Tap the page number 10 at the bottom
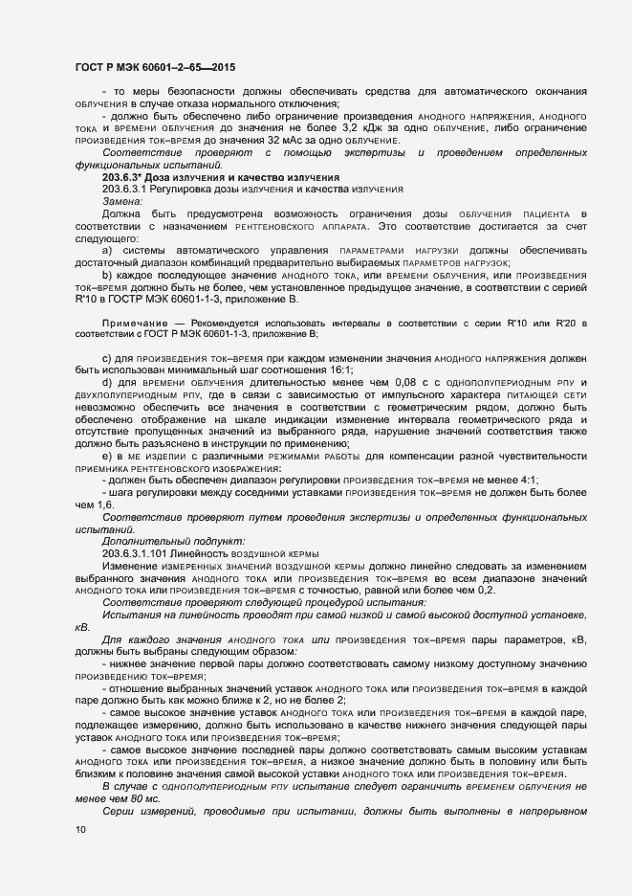coord(80,830)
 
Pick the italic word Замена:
coord(121,202)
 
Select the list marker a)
coord(107,252)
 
